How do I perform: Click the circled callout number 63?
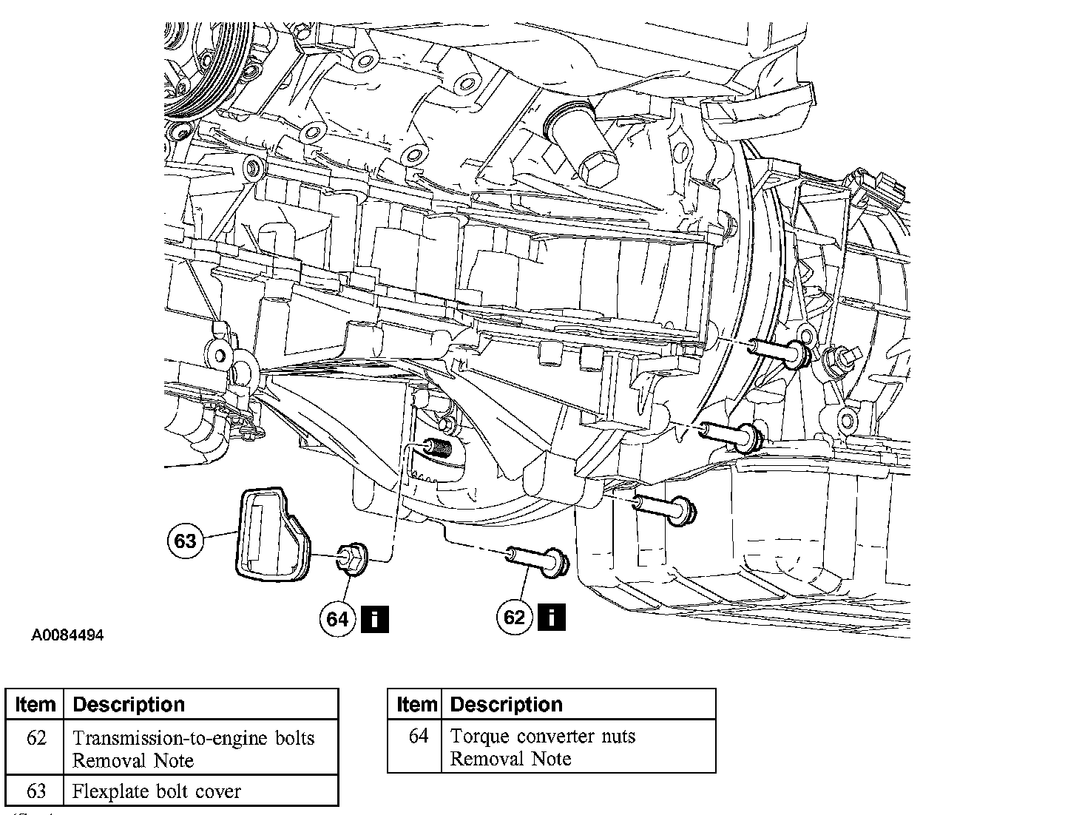pos(185,541)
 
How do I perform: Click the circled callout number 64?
pos(337,618)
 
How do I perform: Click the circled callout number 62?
pos(514,617)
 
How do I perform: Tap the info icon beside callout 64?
pos(375,618)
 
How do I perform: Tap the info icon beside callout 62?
pos(552,617)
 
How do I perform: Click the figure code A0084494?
pos(67,635)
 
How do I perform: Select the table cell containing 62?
pos(35,738)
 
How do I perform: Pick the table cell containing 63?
pos(35,791)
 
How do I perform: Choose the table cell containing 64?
pos(418,737)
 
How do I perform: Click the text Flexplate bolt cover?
pos(157,791)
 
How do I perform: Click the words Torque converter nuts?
pos(543,737)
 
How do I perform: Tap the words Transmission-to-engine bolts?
pos(193,738)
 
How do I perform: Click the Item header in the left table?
pos(35,704)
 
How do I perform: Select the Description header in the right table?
pos(506,704)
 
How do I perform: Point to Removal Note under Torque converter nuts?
pos(510,759)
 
